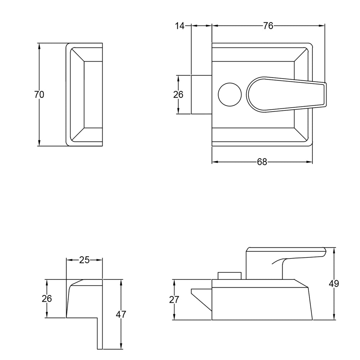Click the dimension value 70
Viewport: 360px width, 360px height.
pyautogui.click(x=39, y=95)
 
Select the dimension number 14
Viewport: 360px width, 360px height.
pyautogui.click(x=180, y=26)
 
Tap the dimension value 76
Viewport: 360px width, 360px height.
pyautogui.click(x=268, y=26)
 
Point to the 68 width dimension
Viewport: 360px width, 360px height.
pyautogui.click(x=262, y=162)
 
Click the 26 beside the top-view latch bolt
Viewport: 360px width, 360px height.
pyautogui.click(x=178, y=95)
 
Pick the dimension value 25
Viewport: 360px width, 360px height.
pyautogui.click(x=84, y=260)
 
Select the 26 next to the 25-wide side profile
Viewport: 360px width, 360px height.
pyautogui.click(x=47, y=299)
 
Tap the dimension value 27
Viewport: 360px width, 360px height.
pyautogui.click(x=174, y=300)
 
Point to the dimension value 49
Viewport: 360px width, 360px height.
pyautogui.click(x=334, y=284)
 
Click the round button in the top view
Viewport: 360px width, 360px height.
pyautogui.click(x=230, y=95)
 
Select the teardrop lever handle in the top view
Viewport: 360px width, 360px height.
pyautogui.click(x=287, y=95)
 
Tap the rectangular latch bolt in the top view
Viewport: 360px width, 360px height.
pyautogui.click(x=201, y=95)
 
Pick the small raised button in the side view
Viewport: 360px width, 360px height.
pyautogui.click(x=230, y=276)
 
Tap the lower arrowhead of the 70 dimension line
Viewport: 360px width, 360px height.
pyautogui.click(x=39, y=143)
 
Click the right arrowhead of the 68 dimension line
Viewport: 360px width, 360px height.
pyautogui.click(x=310, y=162)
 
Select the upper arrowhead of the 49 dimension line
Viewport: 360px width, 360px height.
pyautogui.click(x=334, y=251)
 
